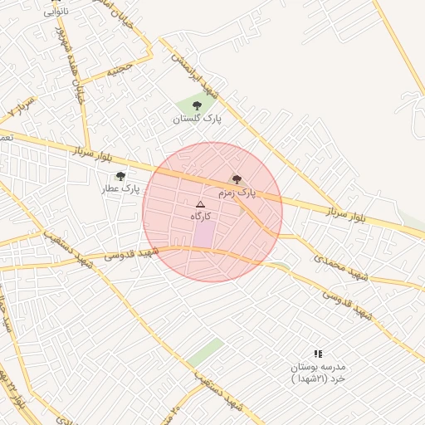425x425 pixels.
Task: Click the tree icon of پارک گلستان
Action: pos(197,105)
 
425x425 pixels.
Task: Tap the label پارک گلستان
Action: pos(198,120)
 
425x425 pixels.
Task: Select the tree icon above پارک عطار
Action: pos(121,176)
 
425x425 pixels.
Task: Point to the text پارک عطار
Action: pos(121,189)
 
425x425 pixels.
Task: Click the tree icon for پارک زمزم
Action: pos(237,179)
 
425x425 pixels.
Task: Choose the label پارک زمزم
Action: pos(237,193)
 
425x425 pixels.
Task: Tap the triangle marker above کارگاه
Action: pos(200,204)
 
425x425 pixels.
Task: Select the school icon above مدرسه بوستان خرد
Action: pos(318,354)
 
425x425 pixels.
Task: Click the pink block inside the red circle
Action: pos(204,234)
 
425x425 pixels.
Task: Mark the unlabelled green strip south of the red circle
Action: pos(205,352)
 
